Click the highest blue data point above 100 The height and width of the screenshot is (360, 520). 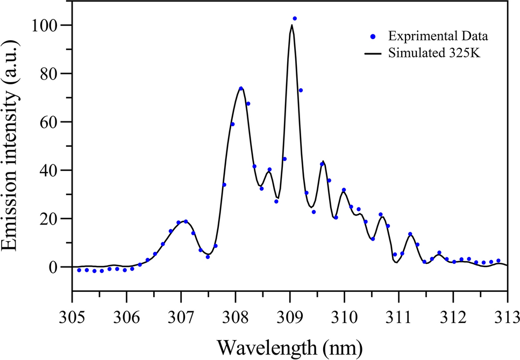coord(295,19)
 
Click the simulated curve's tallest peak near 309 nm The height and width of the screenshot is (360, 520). coord(291,25)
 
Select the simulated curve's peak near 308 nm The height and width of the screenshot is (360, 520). coord(241,88)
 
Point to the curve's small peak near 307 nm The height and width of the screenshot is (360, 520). coord(183,221)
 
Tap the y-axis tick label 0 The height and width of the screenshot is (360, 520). coord(56,267)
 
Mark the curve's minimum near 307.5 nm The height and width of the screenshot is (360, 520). coord(208,254)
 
